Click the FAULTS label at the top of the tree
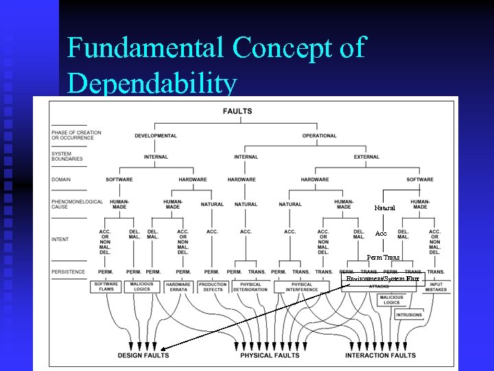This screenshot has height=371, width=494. [237, 111]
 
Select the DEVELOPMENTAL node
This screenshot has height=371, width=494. [156, 136]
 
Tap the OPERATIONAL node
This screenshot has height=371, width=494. [319, 136]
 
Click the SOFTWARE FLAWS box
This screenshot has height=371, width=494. [106, 286]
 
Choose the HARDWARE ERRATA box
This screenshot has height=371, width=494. [178, 286]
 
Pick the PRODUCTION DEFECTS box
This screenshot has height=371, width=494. [213, 286]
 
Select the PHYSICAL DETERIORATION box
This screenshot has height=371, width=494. [250, 286]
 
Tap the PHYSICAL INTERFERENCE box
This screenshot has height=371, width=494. [302, 286]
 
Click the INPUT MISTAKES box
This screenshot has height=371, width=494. [436, 286]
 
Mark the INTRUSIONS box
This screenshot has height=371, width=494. [409, 315]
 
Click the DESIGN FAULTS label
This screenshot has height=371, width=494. [143, 355]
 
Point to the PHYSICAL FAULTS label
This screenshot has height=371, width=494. [270, 355]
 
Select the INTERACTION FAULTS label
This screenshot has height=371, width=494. [380, 355]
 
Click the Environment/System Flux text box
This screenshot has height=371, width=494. [383, 279]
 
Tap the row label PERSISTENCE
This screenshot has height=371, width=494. [68, 271]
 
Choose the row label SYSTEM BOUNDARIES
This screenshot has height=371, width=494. [67, 156]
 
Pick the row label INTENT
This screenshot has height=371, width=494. [60, 239]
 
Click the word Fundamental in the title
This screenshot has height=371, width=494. [146, 48]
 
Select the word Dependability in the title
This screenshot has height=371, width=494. [152, 84]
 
